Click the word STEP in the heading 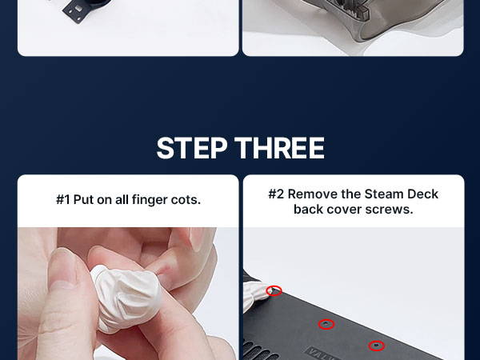[x=192, y=148]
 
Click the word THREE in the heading [x=279, y=148]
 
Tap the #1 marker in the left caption [x=62, y=200]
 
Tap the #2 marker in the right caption [x=276, y=194]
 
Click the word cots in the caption [x=186, y=200]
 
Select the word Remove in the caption [x=310, y=194]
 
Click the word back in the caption [x=308, y=210]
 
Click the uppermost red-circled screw [x=274, y=290]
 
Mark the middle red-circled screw [x=326, y=324]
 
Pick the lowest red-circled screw [x=376, y=346]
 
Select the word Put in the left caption [x=83, y=200]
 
